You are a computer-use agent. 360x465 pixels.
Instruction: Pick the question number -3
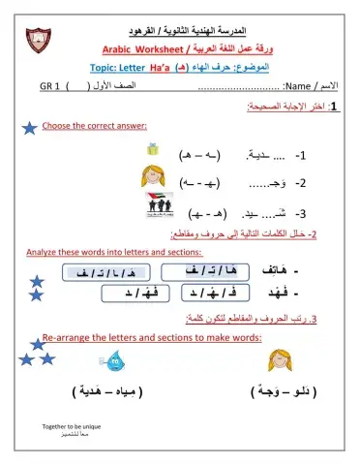point(301,214)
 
